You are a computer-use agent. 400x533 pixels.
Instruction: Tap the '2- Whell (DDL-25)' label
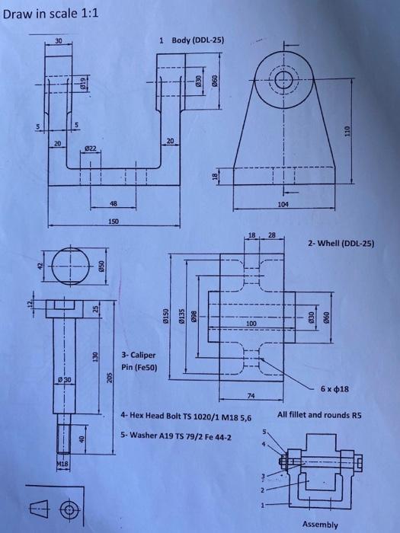click(x=341, y=244)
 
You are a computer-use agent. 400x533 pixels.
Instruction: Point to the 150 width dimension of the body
click(x=113, y=222)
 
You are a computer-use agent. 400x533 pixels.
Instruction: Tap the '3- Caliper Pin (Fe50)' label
click(x=138, y=360)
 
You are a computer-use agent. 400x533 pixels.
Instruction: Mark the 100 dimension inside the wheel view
click(x=250, y=324)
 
